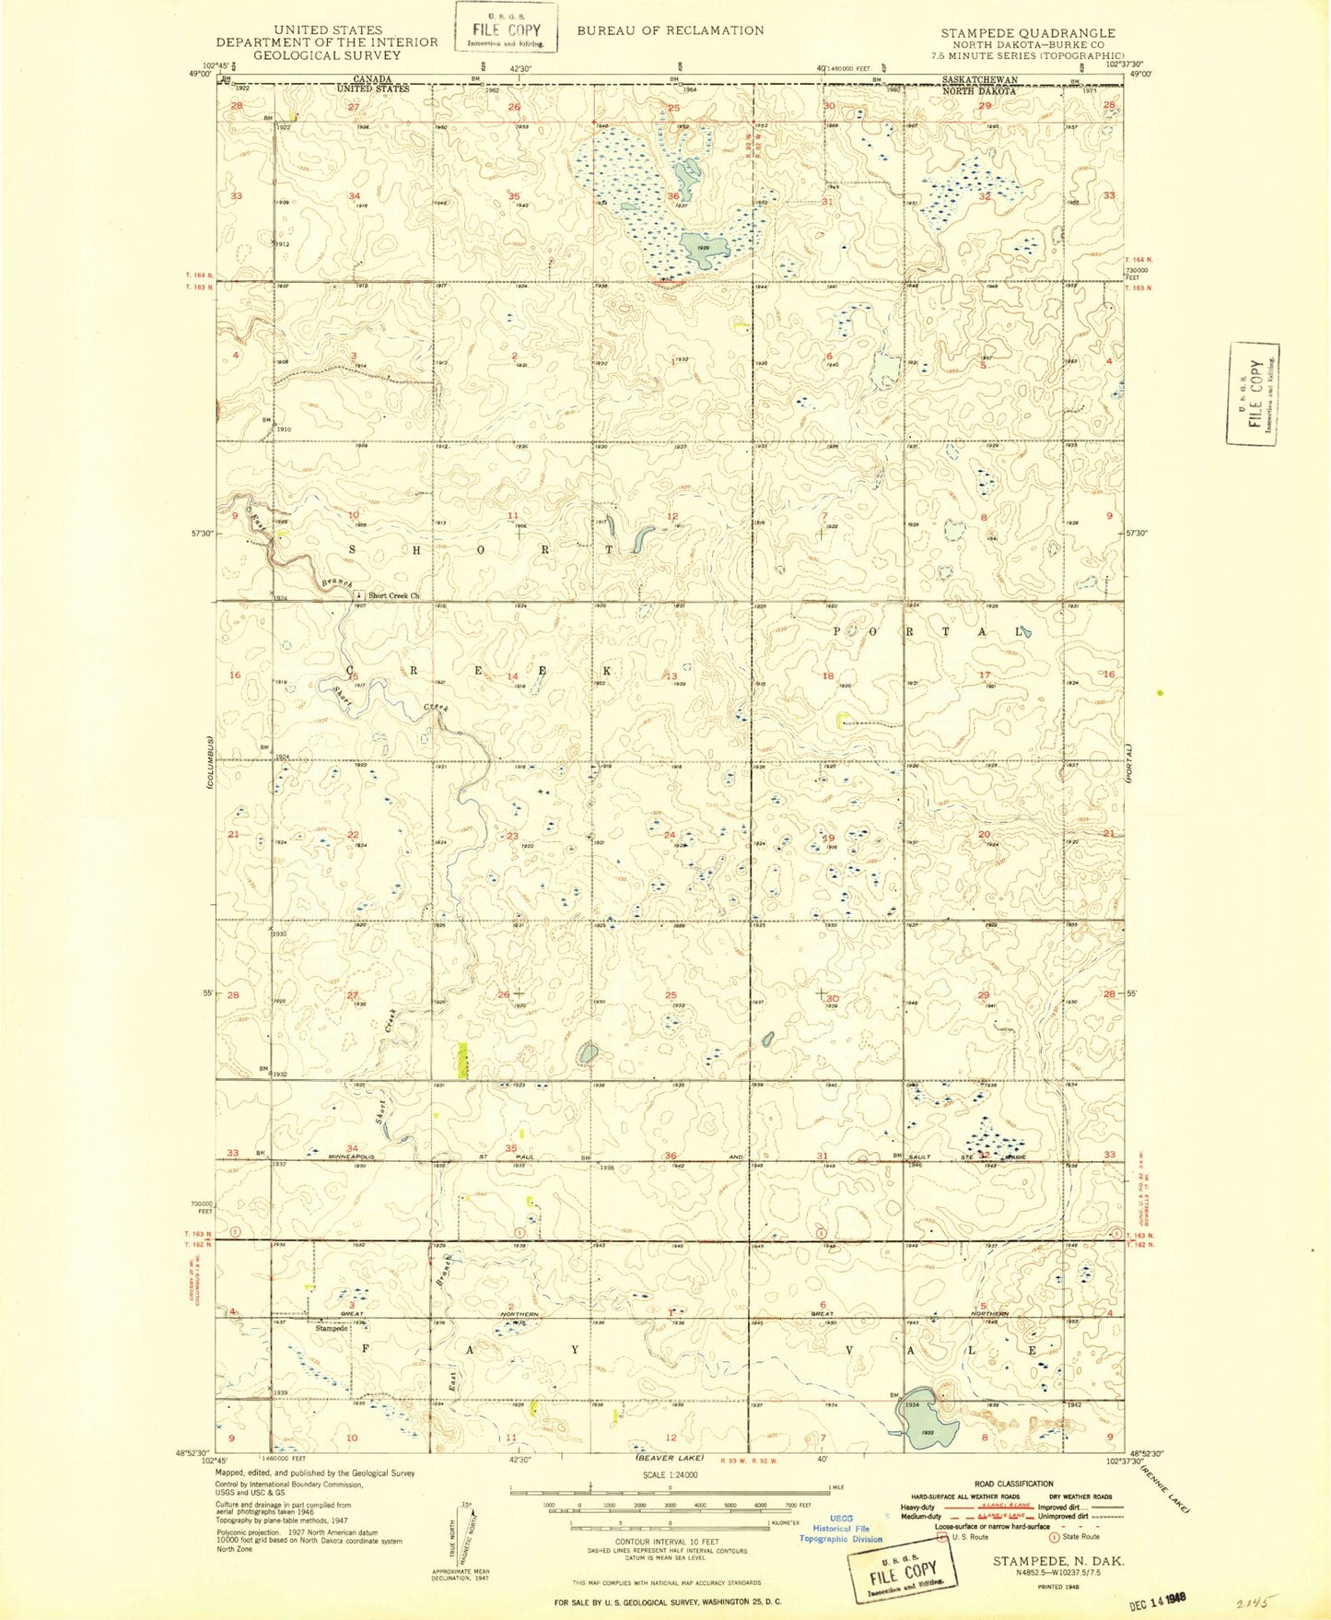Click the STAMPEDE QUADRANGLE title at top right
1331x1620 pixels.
[1027, 32]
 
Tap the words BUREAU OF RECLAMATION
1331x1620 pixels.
[670, 30]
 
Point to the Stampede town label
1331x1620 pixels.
[332, 1328]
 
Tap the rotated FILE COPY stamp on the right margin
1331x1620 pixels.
[1253, 393]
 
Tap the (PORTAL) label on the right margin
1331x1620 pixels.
[1130, 763]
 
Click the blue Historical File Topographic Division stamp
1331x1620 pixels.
[840, 1528]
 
